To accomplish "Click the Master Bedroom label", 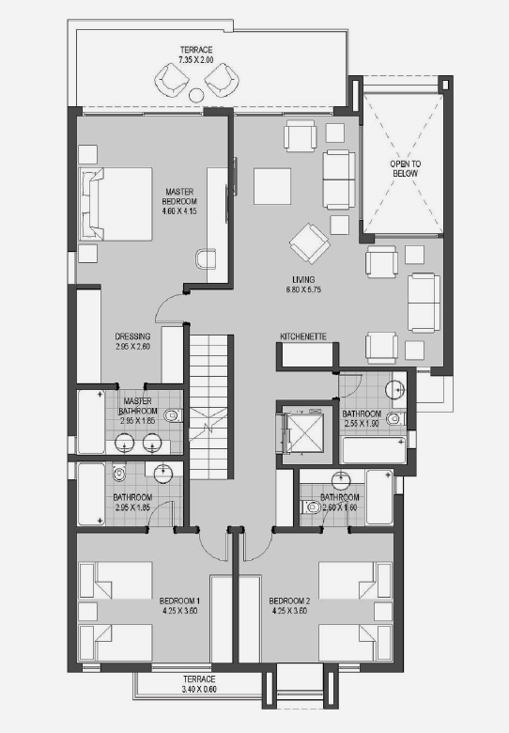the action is coord(179,196).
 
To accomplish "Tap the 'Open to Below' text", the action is coord(406,168).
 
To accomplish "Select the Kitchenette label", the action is coord(303,336).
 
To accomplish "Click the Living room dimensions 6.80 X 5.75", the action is coord(303,289).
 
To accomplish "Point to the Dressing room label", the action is coord(132,336).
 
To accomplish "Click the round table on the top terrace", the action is coord(196,95).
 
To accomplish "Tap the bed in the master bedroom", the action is coord(116,204).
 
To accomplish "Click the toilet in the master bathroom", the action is coord(173,414).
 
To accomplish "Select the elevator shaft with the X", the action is coord(304,433).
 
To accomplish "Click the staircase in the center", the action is coord(209,406).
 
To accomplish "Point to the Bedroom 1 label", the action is coord(179,600).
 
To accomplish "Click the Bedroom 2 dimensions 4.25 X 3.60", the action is coord(289,611).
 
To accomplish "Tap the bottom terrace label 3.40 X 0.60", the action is coord(199,689).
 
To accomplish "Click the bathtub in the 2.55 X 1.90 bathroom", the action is coord(374,450).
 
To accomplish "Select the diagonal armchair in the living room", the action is coord(309,243).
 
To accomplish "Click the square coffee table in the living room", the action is coord(272,186).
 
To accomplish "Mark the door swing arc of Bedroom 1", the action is coord(212,550).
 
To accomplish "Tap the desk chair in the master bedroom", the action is coord(206,258).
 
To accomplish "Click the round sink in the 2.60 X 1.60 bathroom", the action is coord(341,480).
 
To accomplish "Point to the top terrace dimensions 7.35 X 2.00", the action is coord(196,60).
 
